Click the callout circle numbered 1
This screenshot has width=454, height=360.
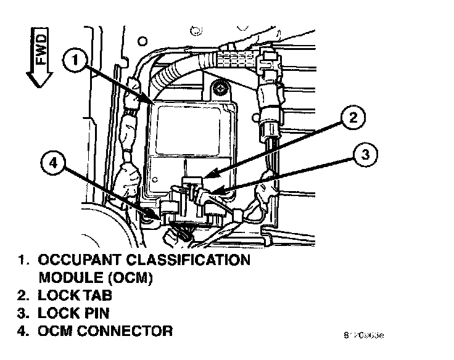point(75,61)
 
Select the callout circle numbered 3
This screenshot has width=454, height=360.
point(365,155)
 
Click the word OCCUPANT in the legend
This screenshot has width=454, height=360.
point(77,260)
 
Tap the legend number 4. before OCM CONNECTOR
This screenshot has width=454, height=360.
point(22,331)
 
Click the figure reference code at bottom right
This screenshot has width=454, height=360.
point(363,336)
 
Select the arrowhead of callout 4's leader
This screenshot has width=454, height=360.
point(162,216)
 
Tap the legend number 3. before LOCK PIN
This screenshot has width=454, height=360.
point(22,313)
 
